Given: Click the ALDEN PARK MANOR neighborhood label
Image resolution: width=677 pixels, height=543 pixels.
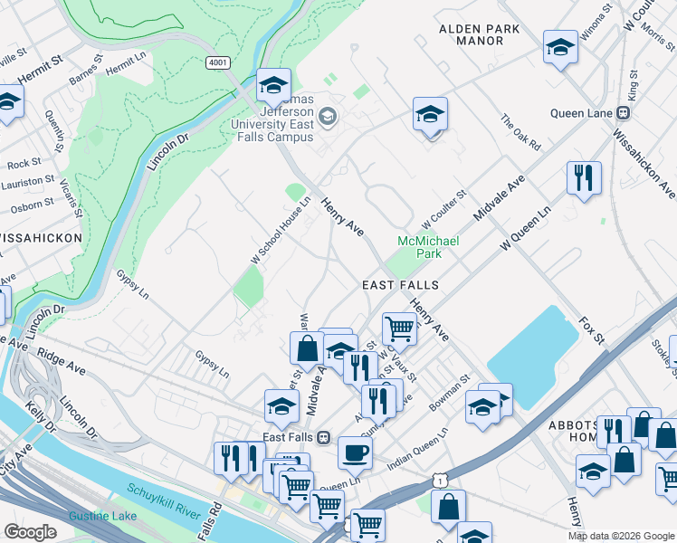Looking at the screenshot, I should (479, 34).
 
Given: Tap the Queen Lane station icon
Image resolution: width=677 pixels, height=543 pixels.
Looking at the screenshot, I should (624, 113).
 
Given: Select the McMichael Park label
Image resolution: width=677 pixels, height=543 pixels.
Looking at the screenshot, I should (428, 247).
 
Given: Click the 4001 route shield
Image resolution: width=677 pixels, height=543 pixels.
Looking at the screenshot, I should (217, 62).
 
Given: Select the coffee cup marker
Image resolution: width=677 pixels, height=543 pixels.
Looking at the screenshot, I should (354, 452).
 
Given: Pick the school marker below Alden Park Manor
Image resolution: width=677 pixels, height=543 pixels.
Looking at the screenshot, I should (431, 114).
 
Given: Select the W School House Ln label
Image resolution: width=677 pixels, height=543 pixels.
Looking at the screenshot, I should (280, 232).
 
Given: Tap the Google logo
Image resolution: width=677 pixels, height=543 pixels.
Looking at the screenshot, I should (31, 532).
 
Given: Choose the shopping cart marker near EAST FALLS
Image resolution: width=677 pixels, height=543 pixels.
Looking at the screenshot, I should (398, 329).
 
